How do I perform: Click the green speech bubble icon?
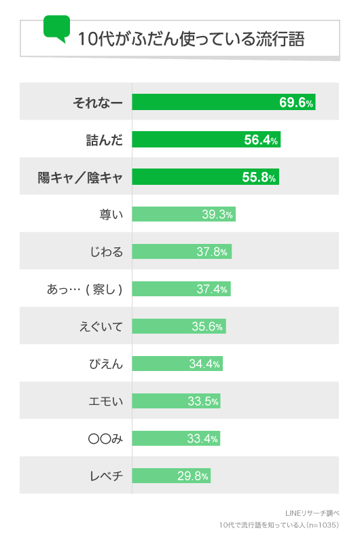pos(56,28)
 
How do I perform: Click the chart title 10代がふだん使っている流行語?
pos(191,39)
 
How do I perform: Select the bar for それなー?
pos(223,102)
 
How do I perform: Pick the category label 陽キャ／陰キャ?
pos(80,177)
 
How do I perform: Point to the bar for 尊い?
pos(183,215)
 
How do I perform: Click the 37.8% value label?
pos(211,252)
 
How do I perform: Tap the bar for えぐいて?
pos(179,326)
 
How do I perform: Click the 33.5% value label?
pos(203,401)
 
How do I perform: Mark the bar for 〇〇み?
pos(176,438)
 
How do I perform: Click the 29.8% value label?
pos(193,476)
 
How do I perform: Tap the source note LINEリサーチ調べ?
pos(312,512)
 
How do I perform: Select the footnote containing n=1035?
pos(278,525)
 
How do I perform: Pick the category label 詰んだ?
pos(101,140)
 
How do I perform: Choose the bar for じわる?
pos(181,252)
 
